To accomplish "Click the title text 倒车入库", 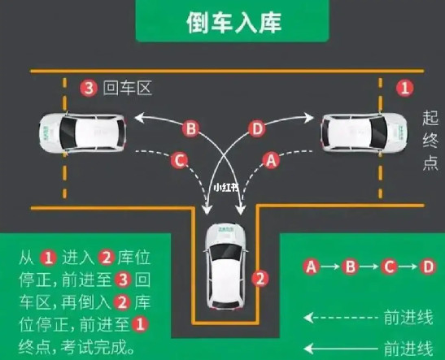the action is pos(233,23).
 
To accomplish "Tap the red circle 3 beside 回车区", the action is pos(89,88).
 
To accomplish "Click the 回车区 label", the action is pos(128,88).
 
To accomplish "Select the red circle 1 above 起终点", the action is pos(404,88).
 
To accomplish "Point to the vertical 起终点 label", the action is pos(430,141).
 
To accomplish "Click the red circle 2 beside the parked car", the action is pos(260,278).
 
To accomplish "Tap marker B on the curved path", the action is pos(190,129).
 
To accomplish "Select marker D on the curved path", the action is pos(257,129).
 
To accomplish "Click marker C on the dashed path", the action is pos(179,160).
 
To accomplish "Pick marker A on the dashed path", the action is pos(271,160).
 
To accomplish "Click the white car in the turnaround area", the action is pos(82,133).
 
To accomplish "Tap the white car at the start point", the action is pos(364,132).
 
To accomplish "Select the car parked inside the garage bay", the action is pos(225,267).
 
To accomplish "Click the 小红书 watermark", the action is pos(226,188).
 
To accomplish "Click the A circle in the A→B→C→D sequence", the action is pos(312,267).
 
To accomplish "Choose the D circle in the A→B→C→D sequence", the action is pos(428,267).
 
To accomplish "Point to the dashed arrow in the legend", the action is pos(341,318).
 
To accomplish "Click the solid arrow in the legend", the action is pos(341,349).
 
